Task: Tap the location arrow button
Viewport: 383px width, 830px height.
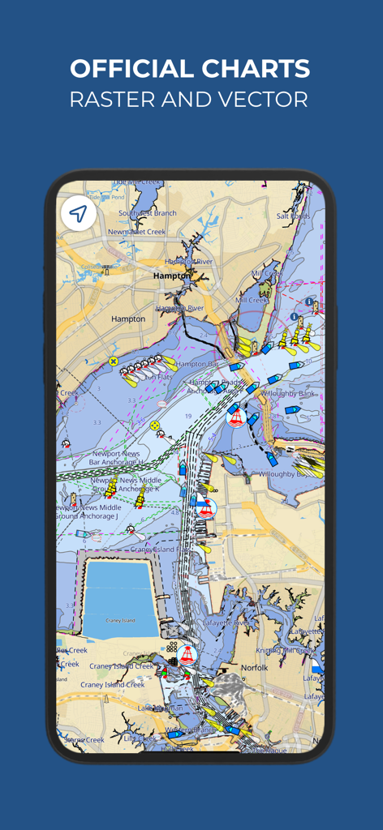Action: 78,214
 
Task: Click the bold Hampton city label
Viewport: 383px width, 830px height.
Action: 171,276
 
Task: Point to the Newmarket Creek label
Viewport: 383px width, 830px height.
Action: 137,232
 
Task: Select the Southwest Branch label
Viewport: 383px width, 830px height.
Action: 147,213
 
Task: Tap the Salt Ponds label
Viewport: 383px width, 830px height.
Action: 293,216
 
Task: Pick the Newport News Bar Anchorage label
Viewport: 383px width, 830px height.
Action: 118,458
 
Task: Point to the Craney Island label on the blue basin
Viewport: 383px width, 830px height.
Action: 120,620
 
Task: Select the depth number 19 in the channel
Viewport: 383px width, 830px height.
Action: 187,416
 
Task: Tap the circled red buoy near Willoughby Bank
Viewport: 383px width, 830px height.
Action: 236,417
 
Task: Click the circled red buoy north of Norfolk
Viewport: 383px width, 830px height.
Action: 187,654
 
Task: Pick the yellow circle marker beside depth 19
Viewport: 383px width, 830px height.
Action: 155,425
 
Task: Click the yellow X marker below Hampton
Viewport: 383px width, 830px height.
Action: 114,361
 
